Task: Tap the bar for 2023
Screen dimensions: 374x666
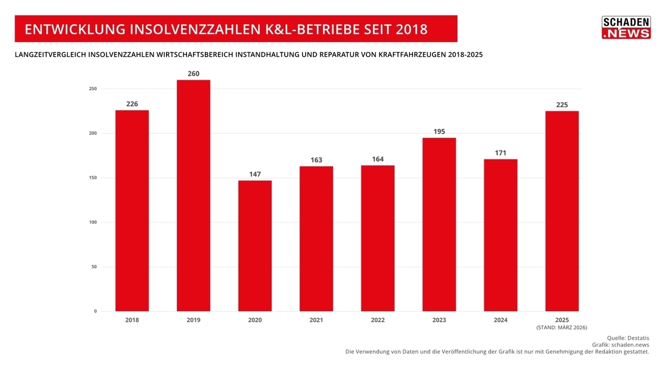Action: point(439,224)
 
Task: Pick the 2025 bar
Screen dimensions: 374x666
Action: point(562,211)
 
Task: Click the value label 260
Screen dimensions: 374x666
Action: point(193,74)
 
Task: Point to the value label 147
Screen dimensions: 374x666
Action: point(255,174)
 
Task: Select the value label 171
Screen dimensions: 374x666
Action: point(500,153)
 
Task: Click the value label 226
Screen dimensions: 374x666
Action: point(132,104)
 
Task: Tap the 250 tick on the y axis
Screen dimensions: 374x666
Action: point(92,89)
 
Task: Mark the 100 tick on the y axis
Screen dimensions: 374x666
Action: point(92,222)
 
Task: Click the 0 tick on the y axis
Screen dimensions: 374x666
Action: point(95,311)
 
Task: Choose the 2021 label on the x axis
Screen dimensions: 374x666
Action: point(316,320)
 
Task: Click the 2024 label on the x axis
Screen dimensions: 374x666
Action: point(500,320)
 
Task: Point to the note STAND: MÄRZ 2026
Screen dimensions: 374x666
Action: point(561,328)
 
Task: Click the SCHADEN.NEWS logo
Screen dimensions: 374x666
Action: point(626,28)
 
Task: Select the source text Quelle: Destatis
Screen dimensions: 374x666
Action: point(628,337)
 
